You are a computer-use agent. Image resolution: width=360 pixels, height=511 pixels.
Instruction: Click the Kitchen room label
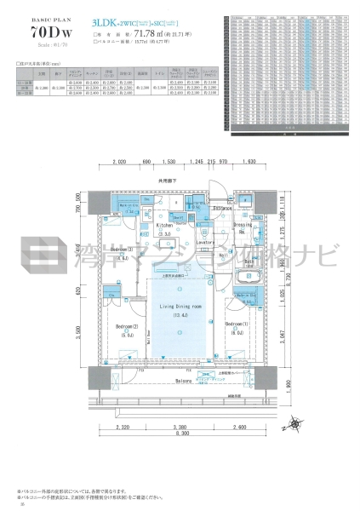point(163,225)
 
